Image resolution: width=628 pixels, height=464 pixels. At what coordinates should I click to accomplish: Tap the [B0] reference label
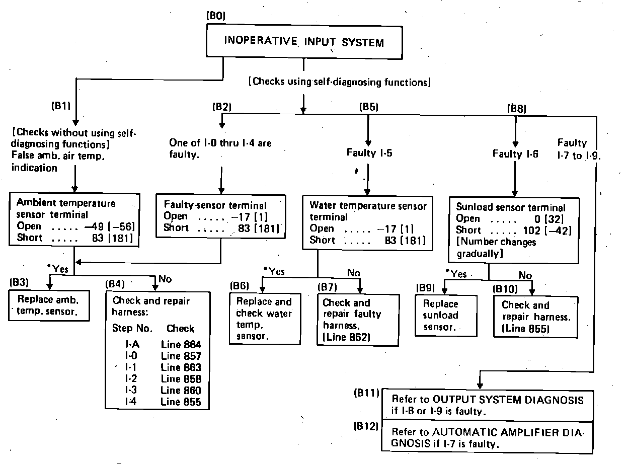point(216,16)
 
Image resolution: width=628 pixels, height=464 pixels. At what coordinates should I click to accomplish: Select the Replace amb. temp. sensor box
point(49,304)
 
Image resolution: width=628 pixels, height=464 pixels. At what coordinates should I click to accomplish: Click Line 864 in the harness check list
point(181,345)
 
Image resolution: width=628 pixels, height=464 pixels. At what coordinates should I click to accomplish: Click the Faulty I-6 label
point(515,154)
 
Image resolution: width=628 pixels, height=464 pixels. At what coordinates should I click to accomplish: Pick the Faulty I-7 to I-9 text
point(579,149)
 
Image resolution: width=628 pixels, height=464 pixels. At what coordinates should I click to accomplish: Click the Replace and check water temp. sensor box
point(264,319)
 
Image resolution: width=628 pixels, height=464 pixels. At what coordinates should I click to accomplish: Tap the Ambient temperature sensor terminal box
point(74,220)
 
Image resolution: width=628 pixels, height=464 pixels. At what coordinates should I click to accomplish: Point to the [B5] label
point(368,107)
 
